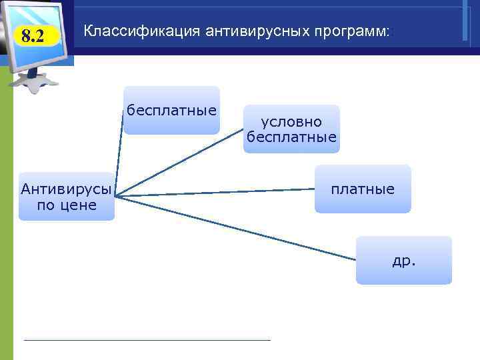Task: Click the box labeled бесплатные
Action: click(171, 111)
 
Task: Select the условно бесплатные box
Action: click(291, 129)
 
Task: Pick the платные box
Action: click(363, 189)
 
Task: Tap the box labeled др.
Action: click(404, 261)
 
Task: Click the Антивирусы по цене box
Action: click(66, 197)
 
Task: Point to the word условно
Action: click(291, 122)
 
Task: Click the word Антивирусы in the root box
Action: click(66, 189)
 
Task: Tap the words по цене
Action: click(66, 205)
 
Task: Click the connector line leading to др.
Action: click(233, 227)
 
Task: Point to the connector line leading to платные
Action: click(213, 192)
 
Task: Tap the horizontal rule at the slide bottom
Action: click(147, 340)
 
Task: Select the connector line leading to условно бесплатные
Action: click(180, 163)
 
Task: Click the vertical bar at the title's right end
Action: click(464, 23)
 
